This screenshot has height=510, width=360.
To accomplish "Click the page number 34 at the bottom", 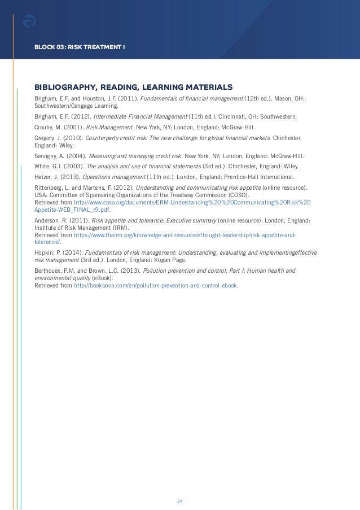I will [179, 485].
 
